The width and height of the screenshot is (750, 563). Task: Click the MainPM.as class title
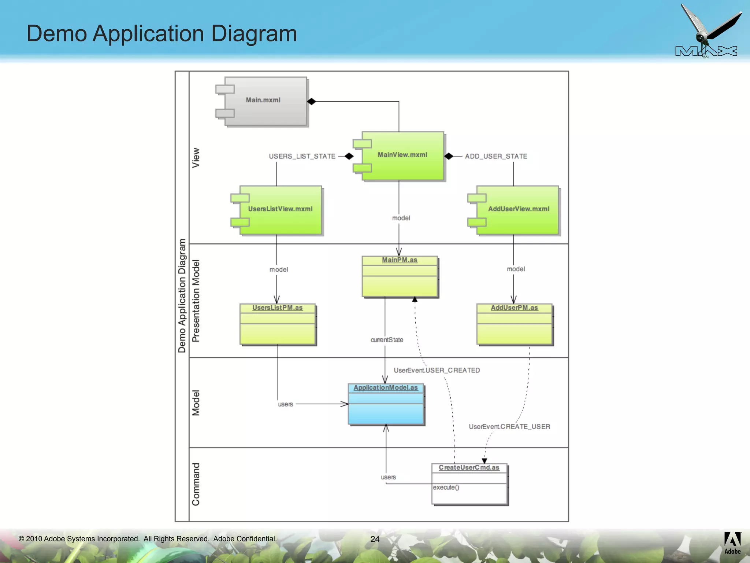tap(400, 260)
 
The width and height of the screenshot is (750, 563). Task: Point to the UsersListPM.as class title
tap(277, 308)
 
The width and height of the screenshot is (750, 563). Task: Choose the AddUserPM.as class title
tap(514, 308)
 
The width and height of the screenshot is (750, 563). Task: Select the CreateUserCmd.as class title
tap(469, 468)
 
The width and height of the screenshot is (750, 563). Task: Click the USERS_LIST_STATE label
tap(302, 157)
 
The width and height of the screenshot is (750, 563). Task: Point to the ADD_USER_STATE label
tap(496, 157)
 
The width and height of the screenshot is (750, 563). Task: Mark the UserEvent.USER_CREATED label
tap(437, 371)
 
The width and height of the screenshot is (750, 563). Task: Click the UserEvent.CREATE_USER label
tap(509, 427)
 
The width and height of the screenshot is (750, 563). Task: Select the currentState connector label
tap(387, 340)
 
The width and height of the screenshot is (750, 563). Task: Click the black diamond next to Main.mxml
tap(311, 102)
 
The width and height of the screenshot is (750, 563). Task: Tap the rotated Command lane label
tap(196, 484)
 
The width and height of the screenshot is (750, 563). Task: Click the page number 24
tap(375, 539)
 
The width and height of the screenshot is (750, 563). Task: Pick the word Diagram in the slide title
tap(254, 34)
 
